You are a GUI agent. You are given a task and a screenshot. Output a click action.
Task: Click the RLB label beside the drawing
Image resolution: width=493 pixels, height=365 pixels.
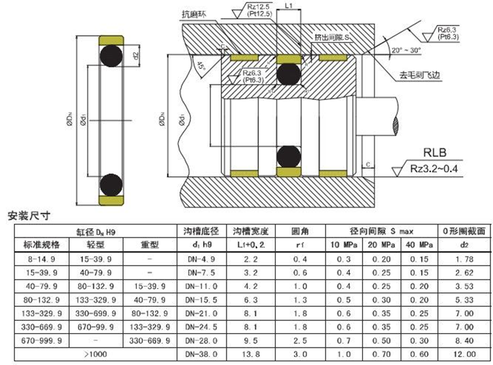pos(433,153)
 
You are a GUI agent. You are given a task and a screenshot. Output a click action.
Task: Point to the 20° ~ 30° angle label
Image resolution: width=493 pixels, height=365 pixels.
pos(406,51)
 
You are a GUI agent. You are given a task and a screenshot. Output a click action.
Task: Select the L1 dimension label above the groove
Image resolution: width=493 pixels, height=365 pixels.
pos(288,5)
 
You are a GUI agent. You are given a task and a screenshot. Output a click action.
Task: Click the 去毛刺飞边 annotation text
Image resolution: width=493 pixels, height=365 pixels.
pos(422,75)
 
